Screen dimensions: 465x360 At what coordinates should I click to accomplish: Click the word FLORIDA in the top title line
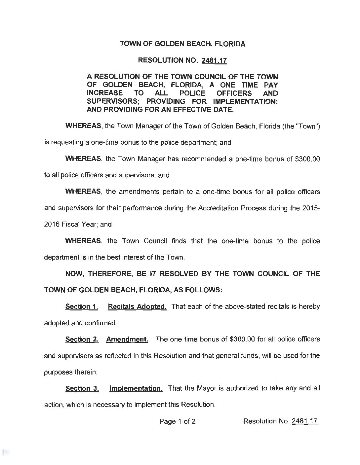(229, 44)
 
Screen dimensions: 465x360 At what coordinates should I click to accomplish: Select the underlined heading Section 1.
(82, 306)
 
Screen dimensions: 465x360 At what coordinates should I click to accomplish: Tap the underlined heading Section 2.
(82, 339)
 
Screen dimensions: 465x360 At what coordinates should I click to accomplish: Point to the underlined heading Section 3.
(82, 388)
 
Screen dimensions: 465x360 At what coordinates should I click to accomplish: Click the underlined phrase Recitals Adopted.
(137, 306)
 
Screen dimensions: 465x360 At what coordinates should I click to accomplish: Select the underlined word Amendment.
(127, 339)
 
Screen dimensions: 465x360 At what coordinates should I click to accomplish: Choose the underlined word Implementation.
(136, 388)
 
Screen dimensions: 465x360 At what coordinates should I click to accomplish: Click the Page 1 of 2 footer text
(178, 421)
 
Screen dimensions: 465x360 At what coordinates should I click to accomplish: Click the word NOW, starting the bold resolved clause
(76, 274)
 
